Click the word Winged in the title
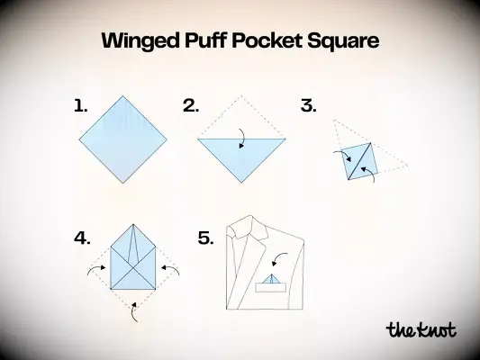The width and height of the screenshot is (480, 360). click(x=144, y=40)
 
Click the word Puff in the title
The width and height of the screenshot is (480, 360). click(x=215, y=40)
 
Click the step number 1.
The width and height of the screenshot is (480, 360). click(x=80, y=106)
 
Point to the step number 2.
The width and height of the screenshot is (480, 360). click(x=190, y=106)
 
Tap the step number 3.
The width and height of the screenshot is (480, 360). click(x=309, y=106)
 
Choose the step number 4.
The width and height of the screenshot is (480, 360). click(x=82, y=238)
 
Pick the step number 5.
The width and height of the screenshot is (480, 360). click(x=205, y=238)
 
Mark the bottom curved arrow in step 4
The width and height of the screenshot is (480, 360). click(x=133, y=310)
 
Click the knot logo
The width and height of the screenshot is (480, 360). click(x=421, y=329)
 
